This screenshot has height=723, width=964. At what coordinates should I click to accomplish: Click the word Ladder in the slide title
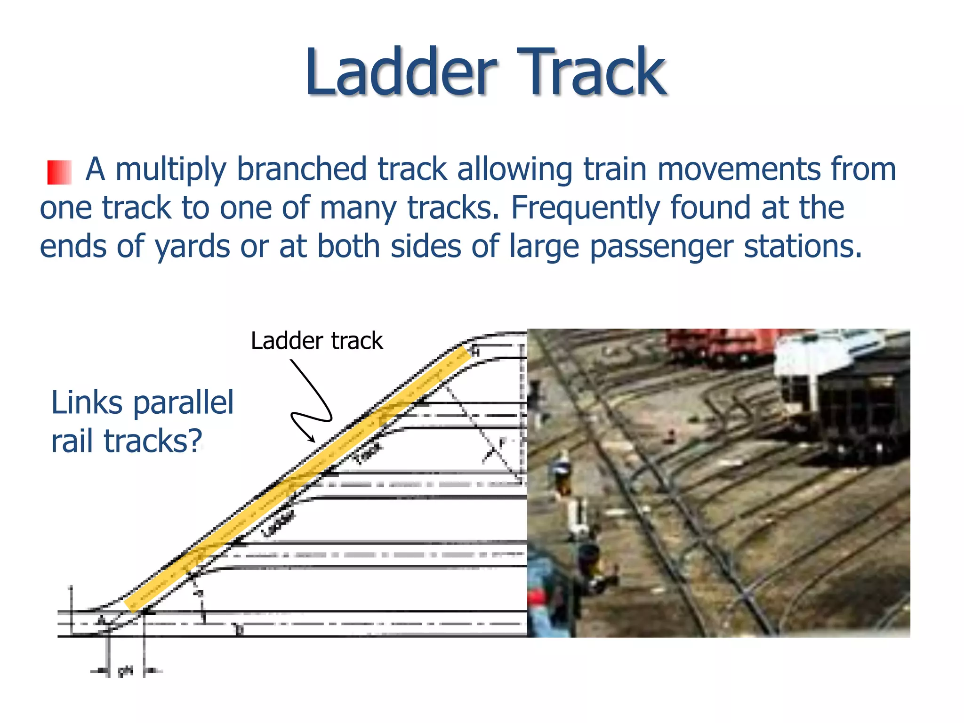401,73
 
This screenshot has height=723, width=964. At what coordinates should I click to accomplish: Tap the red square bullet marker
59,172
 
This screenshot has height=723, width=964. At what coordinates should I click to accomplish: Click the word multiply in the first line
170,169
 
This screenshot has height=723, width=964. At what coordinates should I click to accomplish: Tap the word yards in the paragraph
193,247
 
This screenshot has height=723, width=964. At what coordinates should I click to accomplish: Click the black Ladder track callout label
316,341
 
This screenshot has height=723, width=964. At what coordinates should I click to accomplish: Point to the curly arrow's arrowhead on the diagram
313,440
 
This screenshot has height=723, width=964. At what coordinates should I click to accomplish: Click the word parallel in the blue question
184,403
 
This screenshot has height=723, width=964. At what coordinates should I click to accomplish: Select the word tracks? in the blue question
153,441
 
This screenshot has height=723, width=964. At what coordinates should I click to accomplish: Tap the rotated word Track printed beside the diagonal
368,453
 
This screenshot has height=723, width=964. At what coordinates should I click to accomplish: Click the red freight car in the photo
720,346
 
